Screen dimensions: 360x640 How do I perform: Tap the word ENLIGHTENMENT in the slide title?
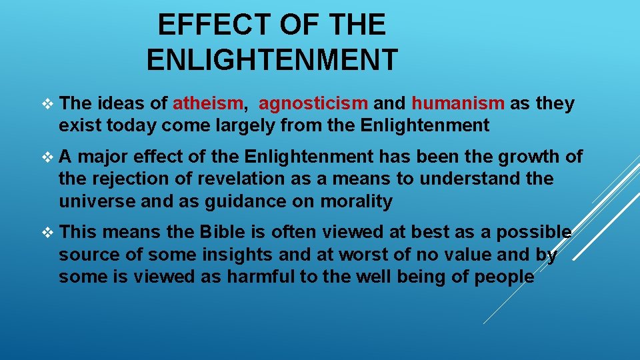(272, 60)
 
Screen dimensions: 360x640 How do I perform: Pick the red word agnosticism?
(313, 103)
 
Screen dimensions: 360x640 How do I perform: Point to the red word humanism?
(457, 103)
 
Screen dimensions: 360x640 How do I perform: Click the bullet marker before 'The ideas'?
(46, 104)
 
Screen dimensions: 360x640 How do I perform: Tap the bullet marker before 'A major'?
(46, 157)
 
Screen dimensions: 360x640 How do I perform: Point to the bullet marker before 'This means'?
(46, 233)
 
